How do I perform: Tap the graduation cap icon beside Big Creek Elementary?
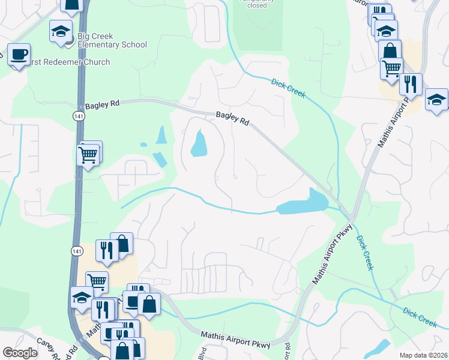(61, 32)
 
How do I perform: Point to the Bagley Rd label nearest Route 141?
(103, 104)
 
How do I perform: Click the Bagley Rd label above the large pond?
(232, 118)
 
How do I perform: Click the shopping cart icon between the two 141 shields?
(88, 155)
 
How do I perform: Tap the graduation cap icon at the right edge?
(437, 100)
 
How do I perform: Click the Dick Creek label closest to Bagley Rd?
(288, 88)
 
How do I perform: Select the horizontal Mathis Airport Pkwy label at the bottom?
(236, 339)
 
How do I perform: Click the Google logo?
(20, 353)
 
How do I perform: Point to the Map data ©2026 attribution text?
(423, 355)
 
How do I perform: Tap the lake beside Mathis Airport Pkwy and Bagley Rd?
(303, 203)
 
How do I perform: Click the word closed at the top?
(257, 5)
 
